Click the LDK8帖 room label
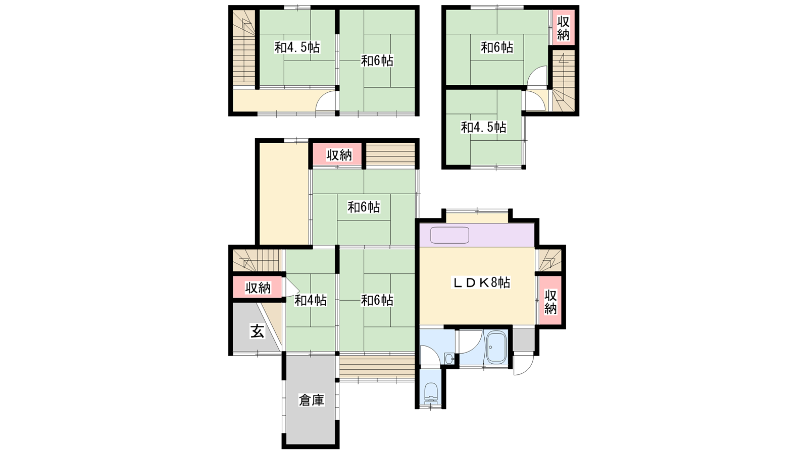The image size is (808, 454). point(481,283)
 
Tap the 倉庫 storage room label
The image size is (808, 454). point(312,400)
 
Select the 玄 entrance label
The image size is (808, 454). point(257,331)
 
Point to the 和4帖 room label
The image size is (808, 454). point(311,300)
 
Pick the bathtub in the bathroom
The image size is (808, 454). point(497,347)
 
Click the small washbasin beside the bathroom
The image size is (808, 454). point(449,359)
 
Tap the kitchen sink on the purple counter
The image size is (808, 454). point(450,235)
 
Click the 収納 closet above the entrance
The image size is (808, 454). point(258,288)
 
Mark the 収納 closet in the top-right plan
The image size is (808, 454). point(563,27)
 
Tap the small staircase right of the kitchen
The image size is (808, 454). point(550,260)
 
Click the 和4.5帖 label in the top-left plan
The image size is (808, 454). point(297,47)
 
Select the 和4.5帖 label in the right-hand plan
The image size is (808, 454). point(484,127)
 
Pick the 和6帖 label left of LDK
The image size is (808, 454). point(377,300)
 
